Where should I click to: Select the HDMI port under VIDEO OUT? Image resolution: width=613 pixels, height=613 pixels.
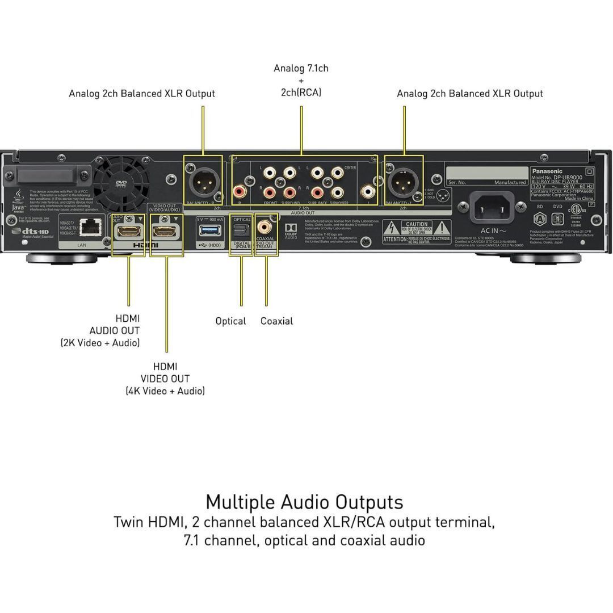tap(165, 231)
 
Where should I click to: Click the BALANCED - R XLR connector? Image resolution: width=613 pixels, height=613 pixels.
tap(203, 183)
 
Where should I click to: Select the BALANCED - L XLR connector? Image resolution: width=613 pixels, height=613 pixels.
tap(404, 183)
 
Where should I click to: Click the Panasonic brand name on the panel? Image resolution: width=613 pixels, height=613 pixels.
tap(547, 171)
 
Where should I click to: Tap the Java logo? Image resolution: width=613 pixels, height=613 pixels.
tap(18, 201)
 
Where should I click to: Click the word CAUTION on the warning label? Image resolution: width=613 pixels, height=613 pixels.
tap(416, 224)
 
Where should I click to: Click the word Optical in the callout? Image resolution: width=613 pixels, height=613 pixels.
tap(230, 321)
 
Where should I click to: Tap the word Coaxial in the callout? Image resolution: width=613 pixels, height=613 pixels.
tap(276, 321)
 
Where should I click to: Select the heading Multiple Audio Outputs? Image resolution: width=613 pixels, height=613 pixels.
tap(304, 502)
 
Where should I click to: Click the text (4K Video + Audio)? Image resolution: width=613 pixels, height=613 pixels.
tap(165, 391)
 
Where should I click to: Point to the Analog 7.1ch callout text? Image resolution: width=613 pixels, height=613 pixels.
tap(301, 69)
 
